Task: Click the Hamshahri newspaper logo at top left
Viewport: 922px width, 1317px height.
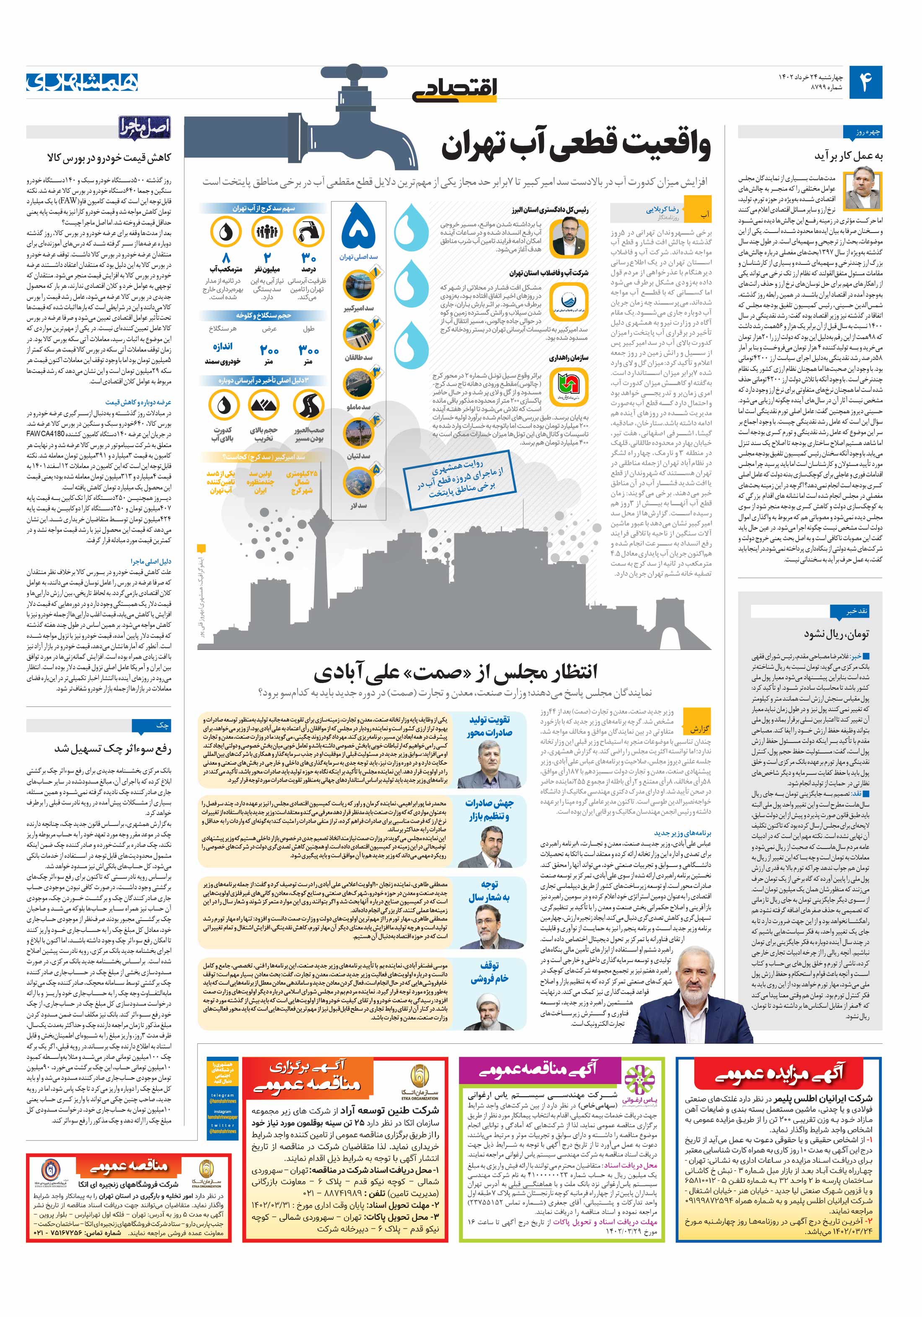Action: [x=82, y=82]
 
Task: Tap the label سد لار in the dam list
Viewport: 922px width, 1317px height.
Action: [x=359, y=505]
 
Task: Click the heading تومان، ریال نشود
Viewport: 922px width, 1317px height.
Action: [x=837, y=634]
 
